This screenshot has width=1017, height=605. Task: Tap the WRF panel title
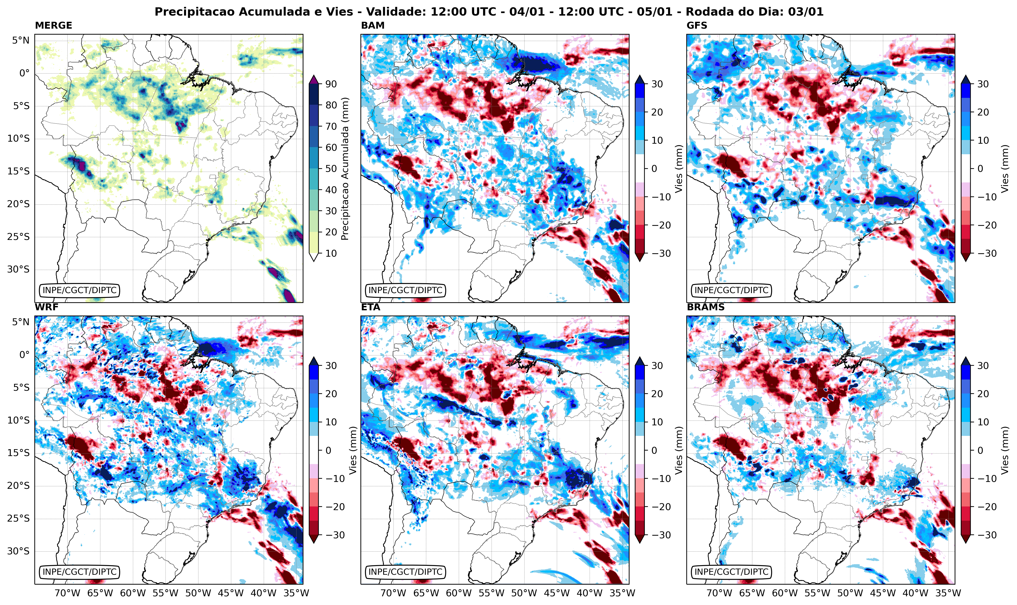click(47, 307)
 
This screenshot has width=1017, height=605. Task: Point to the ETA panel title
click(371, 307)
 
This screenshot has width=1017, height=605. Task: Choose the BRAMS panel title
click(706, 307)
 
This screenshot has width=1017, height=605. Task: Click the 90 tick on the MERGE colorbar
click(331, 84)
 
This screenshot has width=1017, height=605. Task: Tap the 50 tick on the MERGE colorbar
click(331, 168)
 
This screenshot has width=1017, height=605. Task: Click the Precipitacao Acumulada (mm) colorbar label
click(345, 169)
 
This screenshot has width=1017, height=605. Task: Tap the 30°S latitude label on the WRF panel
click(18, 551)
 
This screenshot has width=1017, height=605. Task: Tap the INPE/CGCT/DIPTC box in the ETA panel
click(405, 572)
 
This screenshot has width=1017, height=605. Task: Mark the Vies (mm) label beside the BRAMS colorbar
click(1005, 450)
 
